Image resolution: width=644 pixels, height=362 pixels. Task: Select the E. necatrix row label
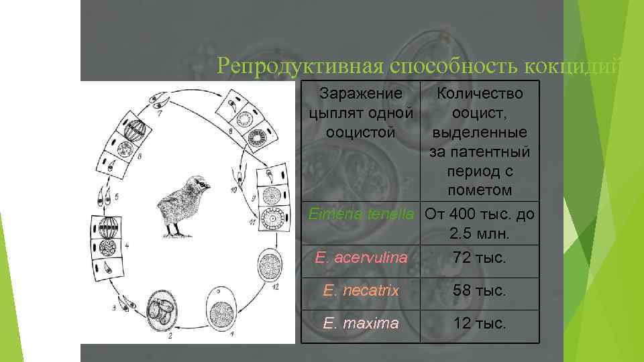[x=361, y=290]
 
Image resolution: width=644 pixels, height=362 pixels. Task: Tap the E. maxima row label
[x=361, y=324]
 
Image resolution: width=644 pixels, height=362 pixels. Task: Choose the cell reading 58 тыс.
[x=480, y=290]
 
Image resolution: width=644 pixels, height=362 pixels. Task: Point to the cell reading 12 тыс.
[x=480, y=324]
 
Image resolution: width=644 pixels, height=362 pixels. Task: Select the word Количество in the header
[x=480, y=92]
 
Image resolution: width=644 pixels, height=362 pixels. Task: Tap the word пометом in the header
[x=480, y=190]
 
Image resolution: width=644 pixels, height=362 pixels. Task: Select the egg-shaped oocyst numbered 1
[x=221, y=310]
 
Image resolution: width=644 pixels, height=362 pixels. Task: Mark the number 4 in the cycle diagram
[x=127, y=246]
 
